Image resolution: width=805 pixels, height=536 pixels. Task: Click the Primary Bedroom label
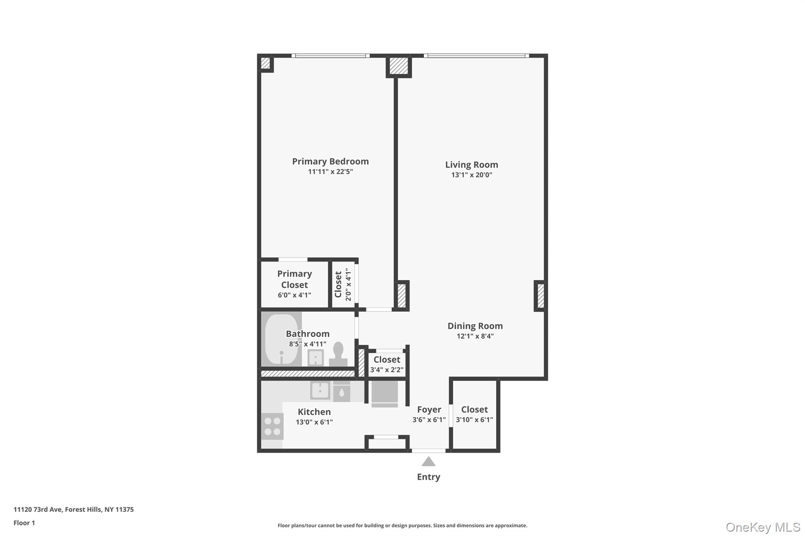coord(330,161)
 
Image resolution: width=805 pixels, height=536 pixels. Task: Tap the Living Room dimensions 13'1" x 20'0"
coord(472,175)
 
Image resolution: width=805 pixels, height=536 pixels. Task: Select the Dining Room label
coord(475,326)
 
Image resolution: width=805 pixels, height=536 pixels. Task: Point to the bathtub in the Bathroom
coord(282,339)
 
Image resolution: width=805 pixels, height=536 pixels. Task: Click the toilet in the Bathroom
coord(338,354)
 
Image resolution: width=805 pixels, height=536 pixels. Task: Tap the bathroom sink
coord(316,358)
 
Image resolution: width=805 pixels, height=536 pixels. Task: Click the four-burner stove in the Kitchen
coord(272,426)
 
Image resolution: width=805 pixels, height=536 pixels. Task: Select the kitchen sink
coord(320,390)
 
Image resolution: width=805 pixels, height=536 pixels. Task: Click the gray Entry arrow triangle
coord(428,461)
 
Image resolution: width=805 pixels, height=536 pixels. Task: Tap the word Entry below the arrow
coord(428,477)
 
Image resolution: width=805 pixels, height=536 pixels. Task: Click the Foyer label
coord(429,410)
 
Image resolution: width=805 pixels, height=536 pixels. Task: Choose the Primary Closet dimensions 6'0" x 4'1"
coord(294,295)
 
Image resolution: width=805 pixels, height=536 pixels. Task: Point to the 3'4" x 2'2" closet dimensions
coord(387,370)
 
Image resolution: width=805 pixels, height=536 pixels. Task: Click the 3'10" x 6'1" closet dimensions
coord(474,419)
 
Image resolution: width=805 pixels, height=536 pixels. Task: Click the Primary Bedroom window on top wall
coord(331,56)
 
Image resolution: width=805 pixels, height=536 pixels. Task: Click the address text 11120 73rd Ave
coord(38,509)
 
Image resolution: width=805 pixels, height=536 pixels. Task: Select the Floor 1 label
coord(24,523)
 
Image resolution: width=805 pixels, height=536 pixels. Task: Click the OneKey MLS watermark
coord(763,527)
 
